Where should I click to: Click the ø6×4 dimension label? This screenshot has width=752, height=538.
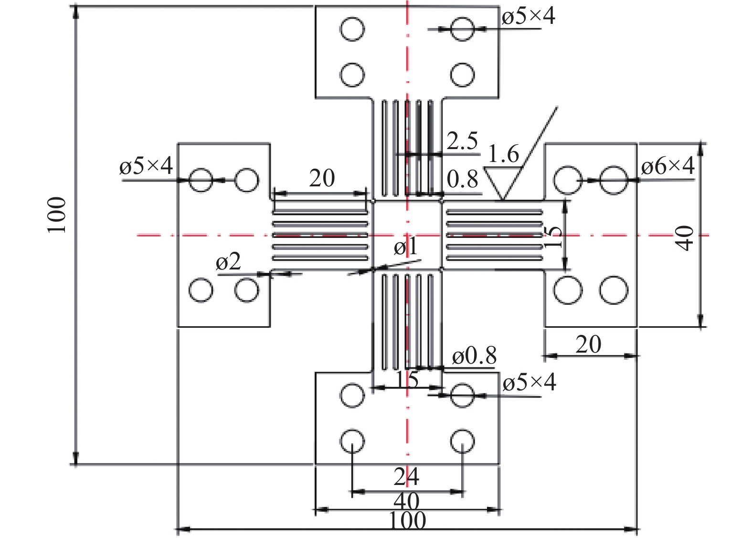click(667, 166)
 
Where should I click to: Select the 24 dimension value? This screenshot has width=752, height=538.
click(406, 477)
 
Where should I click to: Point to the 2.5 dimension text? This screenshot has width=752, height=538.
click(462, 141)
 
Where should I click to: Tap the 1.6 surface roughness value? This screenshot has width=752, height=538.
click(503, 154)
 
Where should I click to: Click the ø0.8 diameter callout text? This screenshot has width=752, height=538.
click(474, 356)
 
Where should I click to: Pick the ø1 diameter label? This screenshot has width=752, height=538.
click(406, 247)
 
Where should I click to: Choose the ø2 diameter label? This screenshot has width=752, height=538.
click(228, 262)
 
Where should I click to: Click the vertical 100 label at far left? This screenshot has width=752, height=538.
click(57, 215)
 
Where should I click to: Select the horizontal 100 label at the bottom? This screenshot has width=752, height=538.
click(407, 521)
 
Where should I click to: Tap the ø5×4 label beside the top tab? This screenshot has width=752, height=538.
click(529, 17)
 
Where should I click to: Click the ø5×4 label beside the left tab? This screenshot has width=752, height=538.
click(146, 166)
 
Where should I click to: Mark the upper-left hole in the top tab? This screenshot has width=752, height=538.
click(352, 29)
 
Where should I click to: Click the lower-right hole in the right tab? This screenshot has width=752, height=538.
click(614, 290)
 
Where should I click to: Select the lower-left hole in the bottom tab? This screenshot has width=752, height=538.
click(352, 441)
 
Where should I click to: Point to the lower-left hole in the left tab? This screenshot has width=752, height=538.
click(201, 290)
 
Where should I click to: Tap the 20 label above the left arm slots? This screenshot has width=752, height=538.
click(322, 179)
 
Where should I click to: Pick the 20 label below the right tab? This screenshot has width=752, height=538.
click(588, 344)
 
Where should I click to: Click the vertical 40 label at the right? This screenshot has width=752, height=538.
click(685, 237)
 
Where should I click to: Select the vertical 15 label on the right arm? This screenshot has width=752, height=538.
click(552, 236)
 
